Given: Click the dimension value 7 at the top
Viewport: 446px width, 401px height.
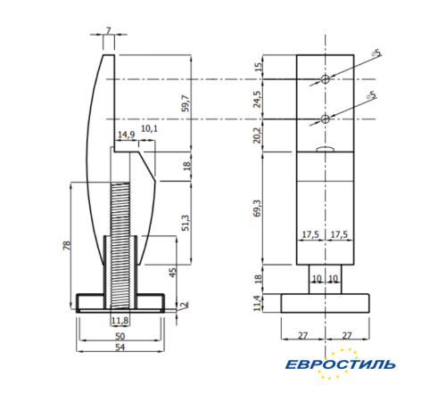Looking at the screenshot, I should pyautogui.click(x=108, y=30).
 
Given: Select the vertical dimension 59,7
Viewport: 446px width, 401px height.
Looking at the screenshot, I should pyautogui.click(x=185, y=102).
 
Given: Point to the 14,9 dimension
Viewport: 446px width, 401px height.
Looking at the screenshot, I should pyautogui.click(x=126, y=135).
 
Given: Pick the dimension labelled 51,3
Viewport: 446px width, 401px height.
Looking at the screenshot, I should pyautogui.click(x=185, y=223).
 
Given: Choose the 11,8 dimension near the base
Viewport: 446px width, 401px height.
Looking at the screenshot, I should pyautogui.click(x=120, y=319).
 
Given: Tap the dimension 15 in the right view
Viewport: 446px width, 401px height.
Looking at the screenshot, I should pyautogui.click(x=259, y=68).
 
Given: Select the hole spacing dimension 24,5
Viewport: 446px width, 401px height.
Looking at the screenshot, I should pyautogui.click(x=259, y=99).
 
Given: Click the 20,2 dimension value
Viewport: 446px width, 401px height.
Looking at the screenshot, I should pyautogui.click(x=259, y=135).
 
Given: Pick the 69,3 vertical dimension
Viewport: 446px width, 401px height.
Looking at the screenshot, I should pyautogui.click(x=259, y=209).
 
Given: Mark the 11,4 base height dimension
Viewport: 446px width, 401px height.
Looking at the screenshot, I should pyautogui.click(x=259, y=303).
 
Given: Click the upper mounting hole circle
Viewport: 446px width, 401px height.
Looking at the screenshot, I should pyautogui.click(x=326, y=79).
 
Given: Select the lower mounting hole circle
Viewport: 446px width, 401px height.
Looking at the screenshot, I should pyautogui.click(x=326, y=119).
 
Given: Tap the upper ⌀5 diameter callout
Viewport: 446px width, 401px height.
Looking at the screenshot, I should pyautogui.click(x=375, y=53).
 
